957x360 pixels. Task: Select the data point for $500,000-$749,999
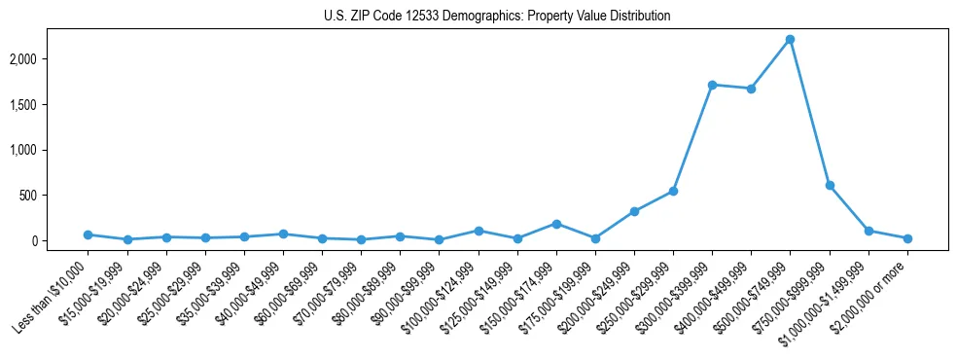tap(791, 39)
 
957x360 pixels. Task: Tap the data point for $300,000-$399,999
tap(713, 85)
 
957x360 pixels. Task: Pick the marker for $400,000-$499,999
tap(752, 89)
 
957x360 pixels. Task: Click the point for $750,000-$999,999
tap(830, 185)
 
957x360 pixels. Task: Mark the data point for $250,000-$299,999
tap(673, 191)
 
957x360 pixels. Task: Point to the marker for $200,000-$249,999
tap(634, 211)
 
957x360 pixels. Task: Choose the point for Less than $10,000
tap(88, 234)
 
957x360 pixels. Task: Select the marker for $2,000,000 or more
tap(907, 238)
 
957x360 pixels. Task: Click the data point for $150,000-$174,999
tap(556, 224)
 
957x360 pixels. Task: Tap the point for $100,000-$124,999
tap(478, 231)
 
